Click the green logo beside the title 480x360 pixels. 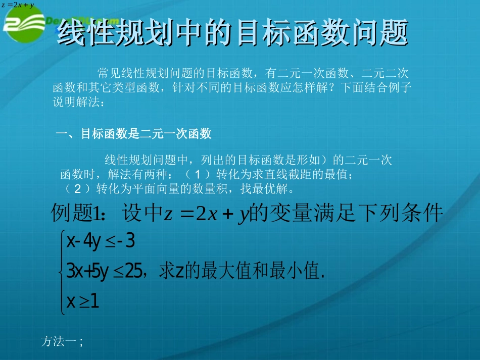(x=25, y=28)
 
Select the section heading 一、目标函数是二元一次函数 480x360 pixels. (x=133, y=134)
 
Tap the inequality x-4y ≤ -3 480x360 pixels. (x=101, y=242)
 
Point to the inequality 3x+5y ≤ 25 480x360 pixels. (x=106, y=272)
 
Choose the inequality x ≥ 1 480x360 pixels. (x=83, y=301)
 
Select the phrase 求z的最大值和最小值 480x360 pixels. (x=241, y=272)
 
